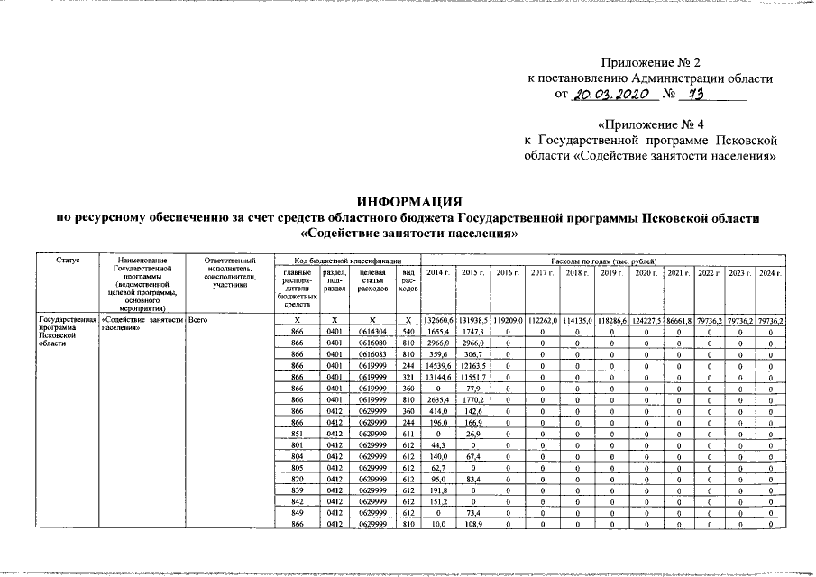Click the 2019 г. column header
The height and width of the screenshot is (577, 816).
[611, 272]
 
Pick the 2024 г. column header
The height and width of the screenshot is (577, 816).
[769, 272]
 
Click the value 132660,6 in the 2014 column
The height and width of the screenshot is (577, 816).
[438, 321]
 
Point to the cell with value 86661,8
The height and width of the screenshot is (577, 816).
[680, 321]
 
